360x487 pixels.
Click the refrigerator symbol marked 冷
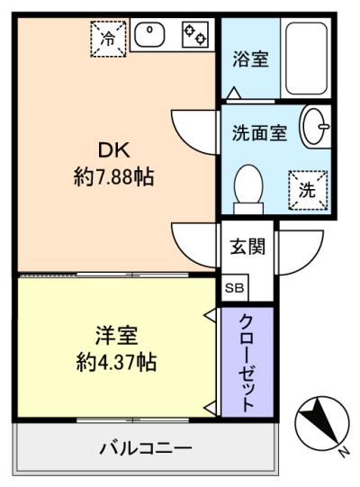[x=107, y=39]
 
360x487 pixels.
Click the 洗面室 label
[x=260, y=133]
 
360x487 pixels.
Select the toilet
[x=247, y=190]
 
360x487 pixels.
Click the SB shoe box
[x=233, y=288]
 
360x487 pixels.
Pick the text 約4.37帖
[x=114, y=364]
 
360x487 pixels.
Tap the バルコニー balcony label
[x=145, y=447]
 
